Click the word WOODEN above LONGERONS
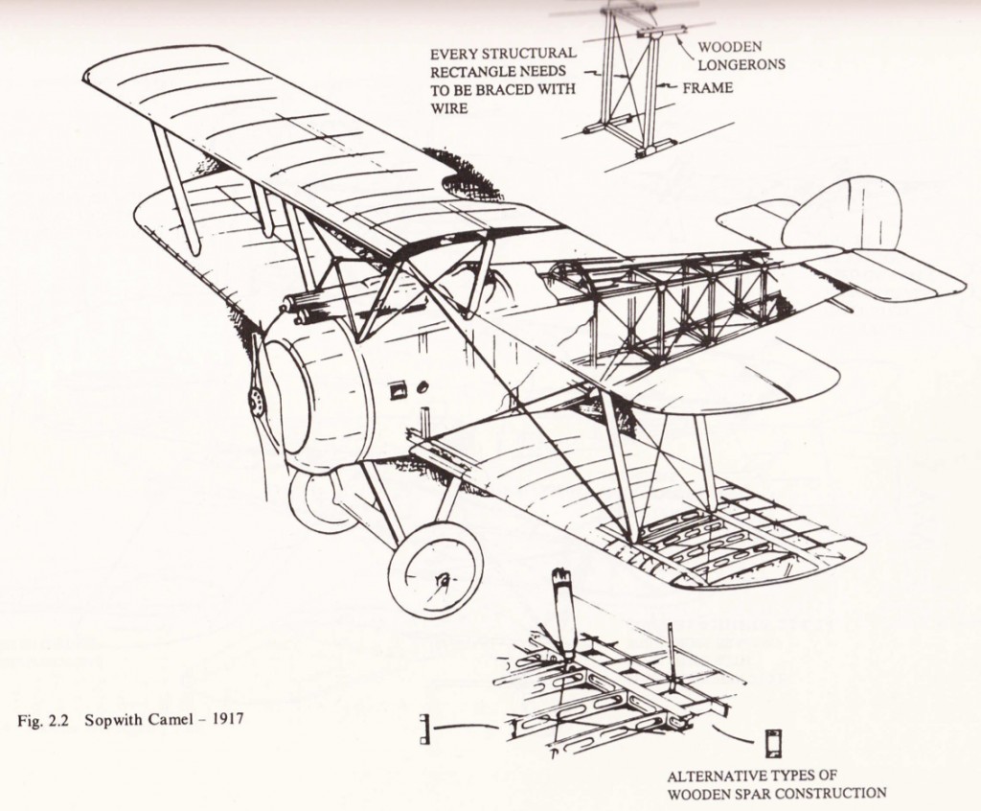(724, 47)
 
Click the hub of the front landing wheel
(443, 578)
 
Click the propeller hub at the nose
(256, 401)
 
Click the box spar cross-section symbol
(773, 743)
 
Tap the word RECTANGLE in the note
(473, 72)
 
